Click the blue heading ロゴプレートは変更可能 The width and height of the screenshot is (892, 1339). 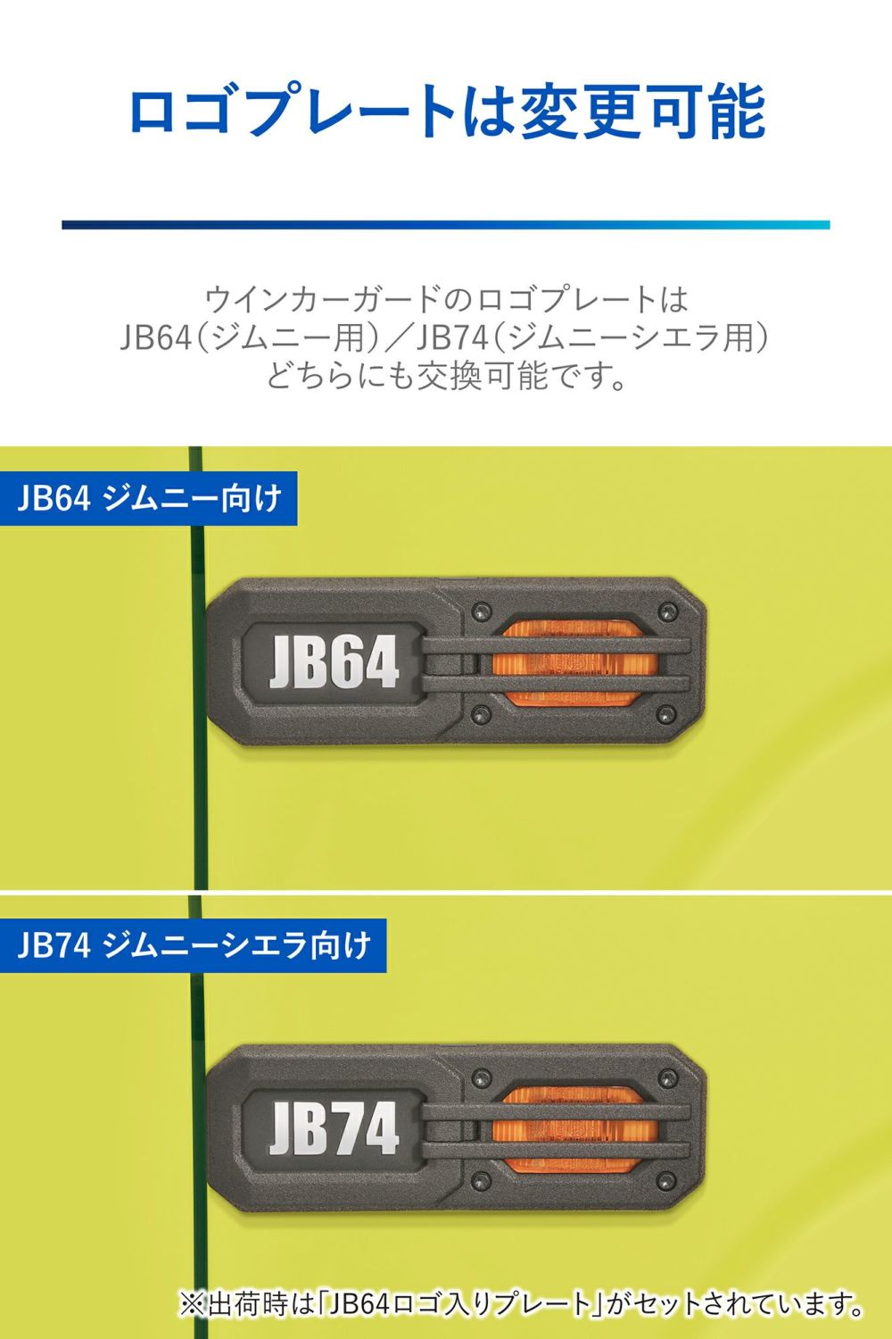[x=446, y=112]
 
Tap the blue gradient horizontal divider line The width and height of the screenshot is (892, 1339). [x=446, y=225]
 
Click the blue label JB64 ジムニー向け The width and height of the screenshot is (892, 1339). [x=148, y=498]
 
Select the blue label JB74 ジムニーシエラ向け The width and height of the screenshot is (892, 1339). [x=193, y=944]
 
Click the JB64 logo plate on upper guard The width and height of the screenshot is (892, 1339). [x=333, y=663]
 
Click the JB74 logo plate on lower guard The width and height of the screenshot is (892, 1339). [x=333, y=1129]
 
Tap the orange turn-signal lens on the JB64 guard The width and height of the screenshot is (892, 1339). [x=575, y=663]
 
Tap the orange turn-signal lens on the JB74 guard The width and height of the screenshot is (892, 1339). [x=575, y=1129]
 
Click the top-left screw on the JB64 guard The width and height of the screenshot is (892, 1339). [x=483, y=611]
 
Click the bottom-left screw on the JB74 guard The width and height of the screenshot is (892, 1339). [x=483, y=1181]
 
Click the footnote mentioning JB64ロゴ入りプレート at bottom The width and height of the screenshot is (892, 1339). [x=522, y=1304]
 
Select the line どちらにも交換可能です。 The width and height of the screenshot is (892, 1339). [x=446, y=376]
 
